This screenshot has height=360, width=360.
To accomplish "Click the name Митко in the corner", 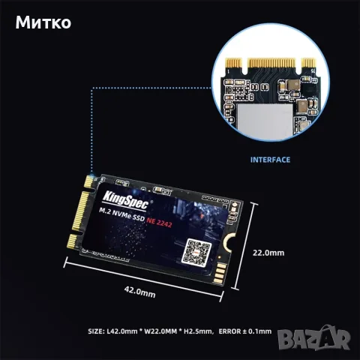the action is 43,22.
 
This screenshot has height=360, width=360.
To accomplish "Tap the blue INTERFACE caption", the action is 270,160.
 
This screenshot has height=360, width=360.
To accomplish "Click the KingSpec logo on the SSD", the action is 125,199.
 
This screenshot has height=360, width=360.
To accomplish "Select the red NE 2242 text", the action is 159,222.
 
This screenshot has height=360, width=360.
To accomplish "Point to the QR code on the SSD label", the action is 196,252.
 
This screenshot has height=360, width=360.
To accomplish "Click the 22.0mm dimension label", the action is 268,253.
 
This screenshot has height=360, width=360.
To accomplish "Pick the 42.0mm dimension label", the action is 139,292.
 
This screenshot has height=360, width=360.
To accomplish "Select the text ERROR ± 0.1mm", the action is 245,331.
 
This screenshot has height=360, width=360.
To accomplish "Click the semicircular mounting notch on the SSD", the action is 229,241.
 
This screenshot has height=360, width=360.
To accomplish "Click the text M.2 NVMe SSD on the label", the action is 121,214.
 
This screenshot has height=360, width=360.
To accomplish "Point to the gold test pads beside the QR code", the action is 220,273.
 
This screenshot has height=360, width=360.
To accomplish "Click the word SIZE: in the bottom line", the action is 96,331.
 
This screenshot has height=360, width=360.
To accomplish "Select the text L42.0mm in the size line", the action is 122,331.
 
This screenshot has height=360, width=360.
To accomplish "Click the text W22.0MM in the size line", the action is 160,331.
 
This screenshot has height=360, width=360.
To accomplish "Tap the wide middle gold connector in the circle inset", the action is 272,63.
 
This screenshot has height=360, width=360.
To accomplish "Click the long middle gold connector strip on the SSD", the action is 80,211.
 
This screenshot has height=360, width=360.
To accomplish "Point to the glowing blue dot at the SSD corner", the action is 91,176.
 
